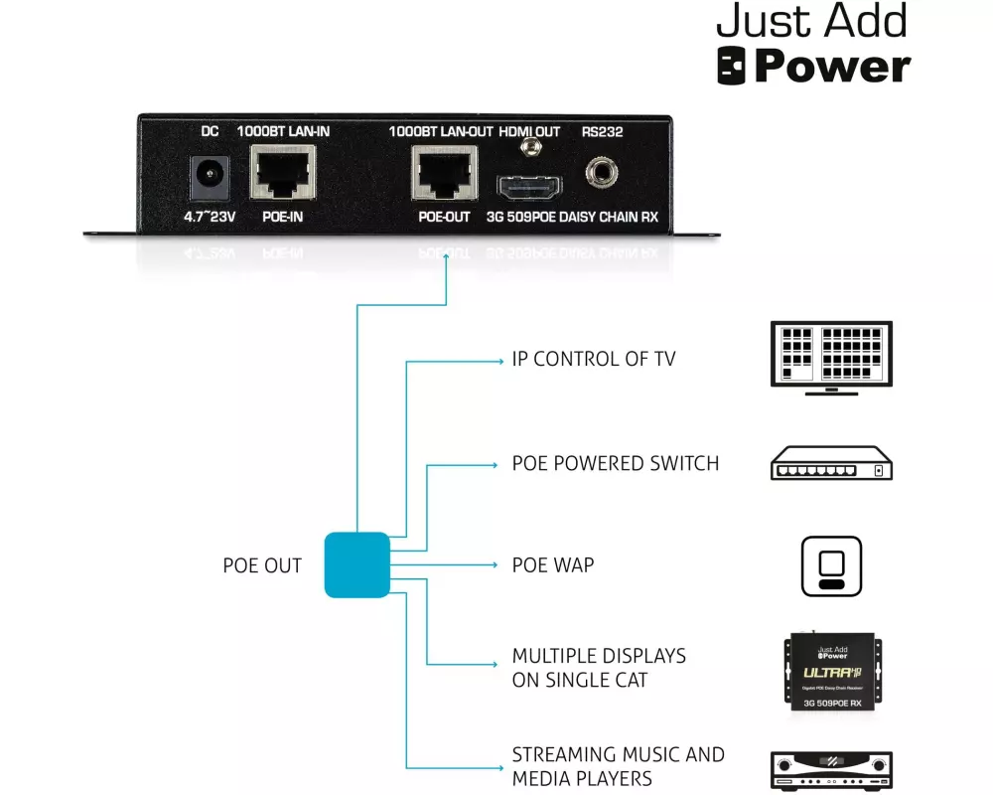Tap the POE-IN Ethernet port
(x=283, y=174)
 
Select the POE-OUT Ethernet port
(x=445, y=174)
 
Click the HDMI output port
(x=529, y=186)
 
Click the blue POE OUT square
(x=356, y=564)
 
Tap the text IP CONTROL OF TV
(x=593, y=359)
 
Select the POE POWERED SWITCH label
(x=615, y=463)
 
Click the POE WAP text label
(x=552, y=564)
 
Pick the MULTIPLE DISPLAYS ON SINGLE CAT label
(x=598, y=668)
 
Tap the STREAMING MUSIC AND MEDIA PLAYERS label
(x=618, y=766)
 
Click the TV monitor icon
(x=831, y=358)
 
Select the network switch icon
(x=831, y=463)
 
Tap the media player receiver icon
(x=831, y=770)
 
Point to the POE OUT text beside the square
(x=262, y=565)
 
